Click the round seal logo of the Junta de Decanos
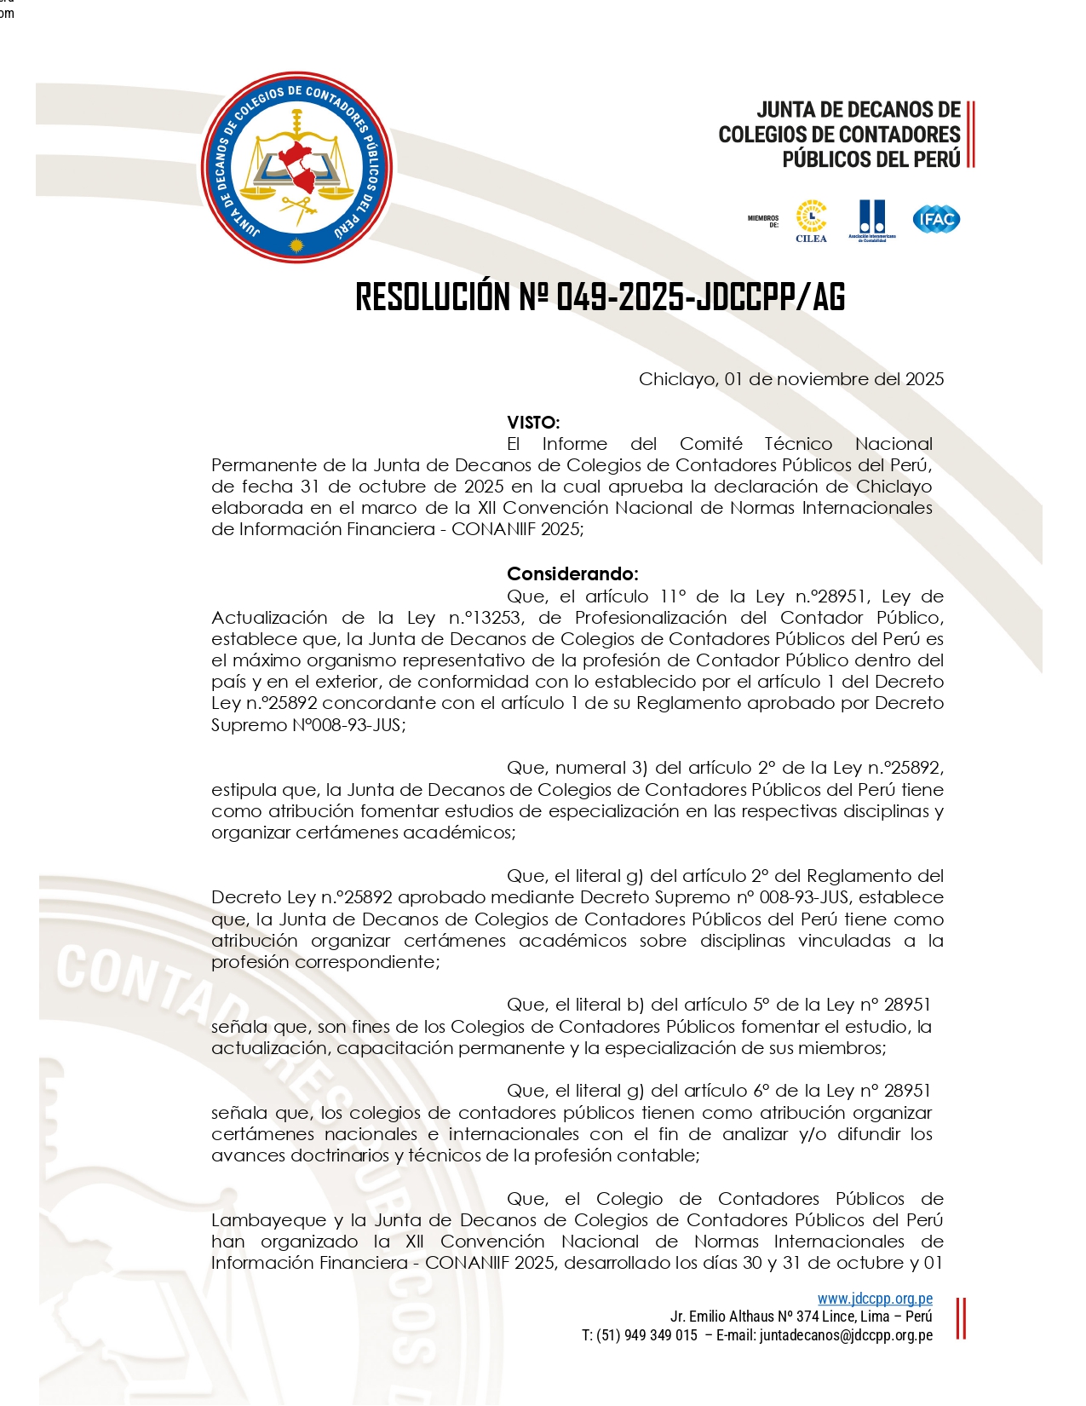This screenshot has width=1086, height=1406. tap(296, 167)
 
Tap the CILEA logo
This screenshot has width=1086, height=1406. tap(811, 220)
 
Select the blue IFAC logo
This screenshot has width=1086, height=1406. tap(936, 219)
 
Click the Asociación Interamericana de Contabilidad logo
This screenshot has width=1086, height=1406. tap(872, 220)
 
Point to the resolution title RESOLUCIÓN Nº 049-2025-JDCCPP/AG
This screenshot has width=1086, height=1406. tap(600, 297)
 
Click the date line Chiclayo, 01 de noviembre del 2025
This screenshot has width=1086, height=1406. tap(790, 379)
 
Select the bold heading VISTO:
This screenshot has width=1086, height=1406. tap(533, 423)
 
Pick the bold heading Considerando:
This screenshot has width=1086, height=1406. tap(572, 573)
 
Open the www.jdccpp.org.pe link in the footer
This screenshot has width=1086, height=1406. tap(875, 1299)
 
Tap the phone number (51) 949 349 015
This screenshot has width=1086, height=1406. tap(646, 1335)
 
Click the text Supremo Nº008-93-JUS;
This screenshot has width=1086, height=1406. tap(308, 725)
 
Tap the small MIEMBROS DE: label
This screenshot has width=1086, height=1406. tap(763, 222)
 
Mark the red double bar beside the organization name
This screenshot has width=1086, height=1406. tap(971, 135)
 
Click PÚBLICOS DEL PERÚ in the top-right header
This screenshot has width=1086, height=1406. tap(871, 159)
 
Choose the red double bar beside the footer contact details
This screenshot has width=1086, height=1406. tap(961, 1318)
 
